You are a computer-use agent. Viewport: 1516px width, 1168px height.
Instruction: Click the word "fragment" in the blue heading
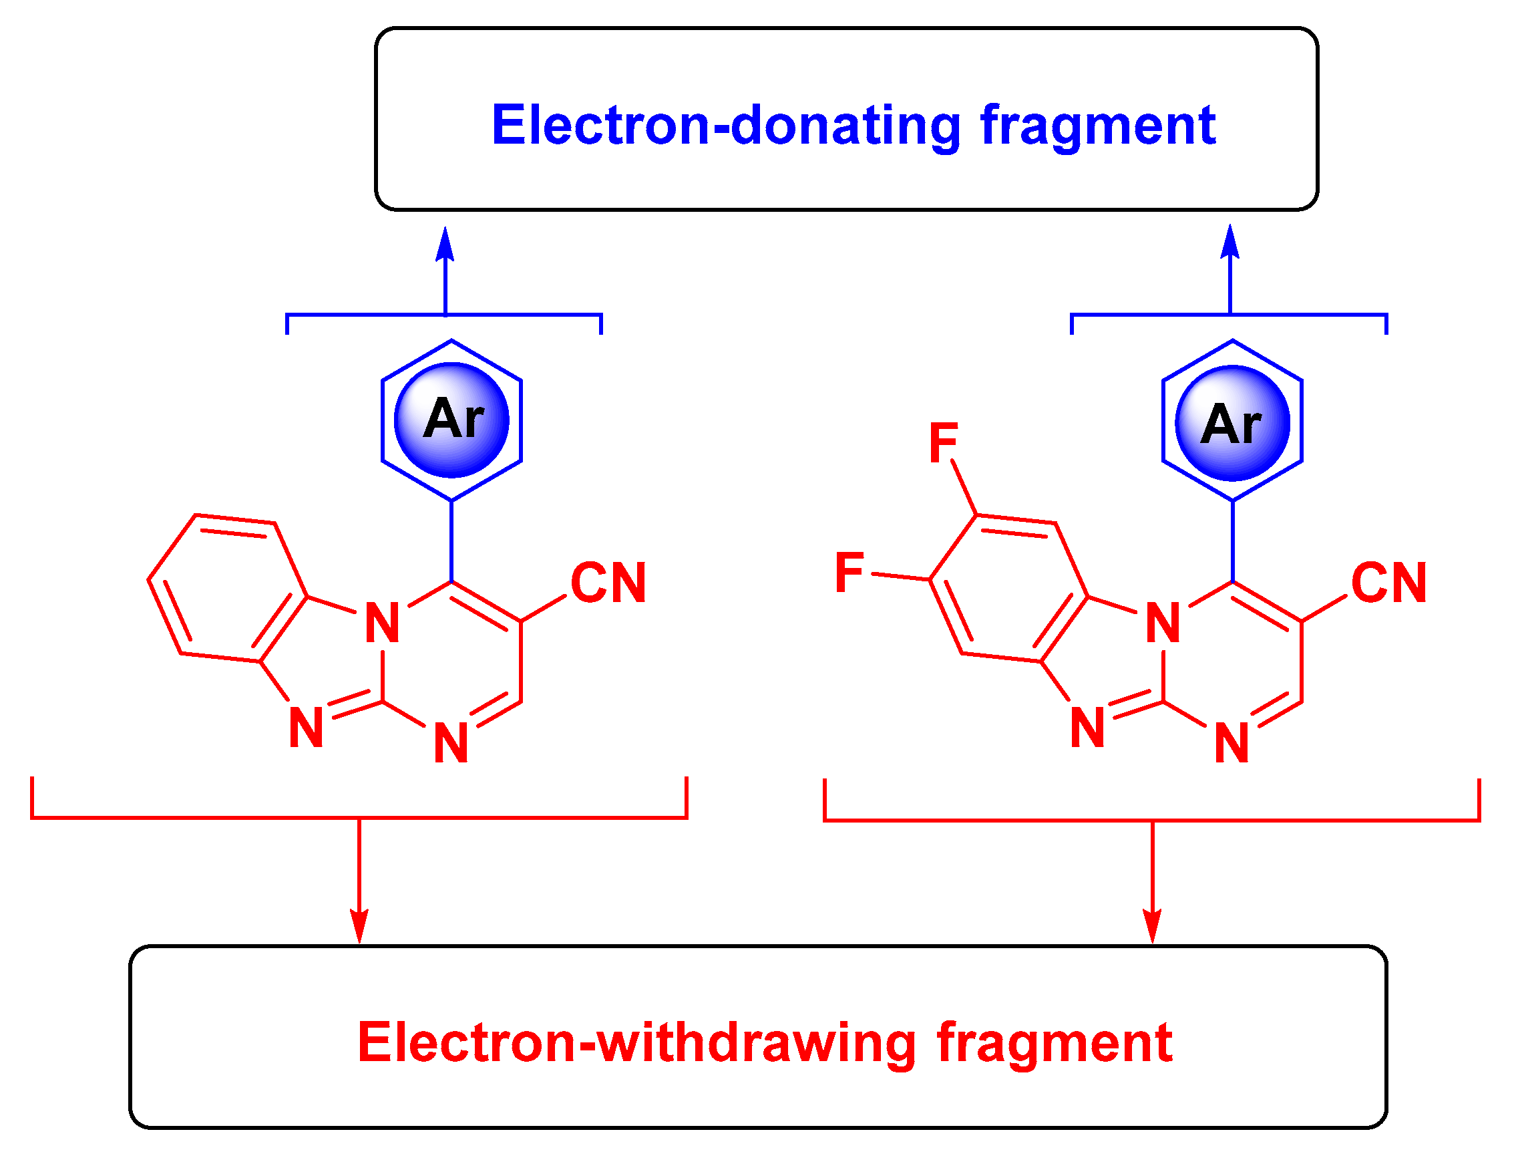click(x=1097, y=126)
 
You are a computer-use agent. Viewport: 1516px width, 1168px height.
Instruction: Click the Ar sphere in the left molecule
click(x=452, y=421)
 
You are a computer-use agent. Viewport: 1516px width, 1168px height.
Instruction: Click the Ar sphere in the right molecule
click(x=1233, y=423)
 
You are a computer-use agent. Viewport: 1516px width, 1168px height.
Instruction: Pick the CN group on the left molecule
click(x=608, y=583)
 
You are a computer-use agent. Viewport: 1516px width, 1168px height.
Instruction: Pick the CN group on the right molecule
click(x=1389, y=583)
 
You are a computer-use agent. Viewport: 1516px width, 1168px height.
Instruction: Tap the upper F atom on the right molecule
click(x=944, y=442)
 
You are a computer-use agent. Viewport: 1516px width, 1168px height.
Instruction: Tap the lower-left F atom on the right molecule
click(x=849, y=572)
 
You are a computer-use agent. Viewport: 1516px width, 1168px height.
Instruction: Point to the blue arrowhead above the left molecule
click(x=445, y=245)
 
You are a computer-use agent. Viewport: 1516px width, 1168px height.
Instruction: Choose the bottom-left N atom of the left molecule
click(x=306, y=728)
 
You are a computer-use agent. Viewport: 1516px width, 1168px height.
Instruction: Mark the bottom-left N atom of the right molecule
click(x=1088, y=728)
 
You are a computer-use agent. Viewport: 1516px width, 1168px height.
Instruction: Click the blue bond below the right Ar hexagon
click(x=1233, y=541)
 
